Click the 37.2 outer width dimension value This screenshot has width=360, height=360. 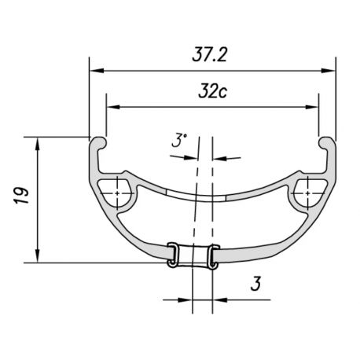209,55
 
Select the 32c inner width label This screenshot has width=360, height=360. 212,91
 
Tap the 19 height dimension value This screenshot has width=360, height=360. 21,196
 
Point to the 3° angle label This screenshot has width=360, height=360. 179,141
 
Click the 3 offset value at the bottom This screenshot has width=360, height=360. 256,284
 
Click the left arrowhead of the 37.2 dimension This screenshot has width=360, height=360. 97,71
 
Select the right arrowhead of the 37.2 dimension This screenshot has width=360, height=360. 329,71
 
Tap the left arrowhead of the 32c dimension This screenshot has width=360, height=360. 114,107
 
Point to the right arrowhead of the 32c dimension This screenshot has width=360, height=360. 312,107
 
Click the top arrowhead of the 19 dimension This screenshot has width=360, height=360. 38,144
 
